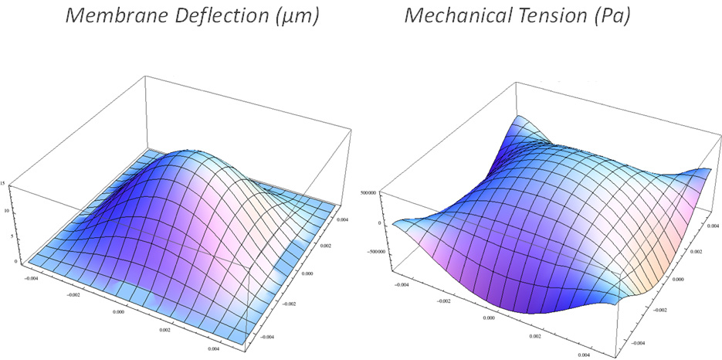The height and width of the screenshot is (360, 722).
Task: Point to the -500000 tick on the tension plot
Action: [x=375, y=251]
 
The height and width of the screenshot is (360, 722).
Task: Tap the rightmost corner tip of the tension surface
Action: [x=710, y=169]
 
